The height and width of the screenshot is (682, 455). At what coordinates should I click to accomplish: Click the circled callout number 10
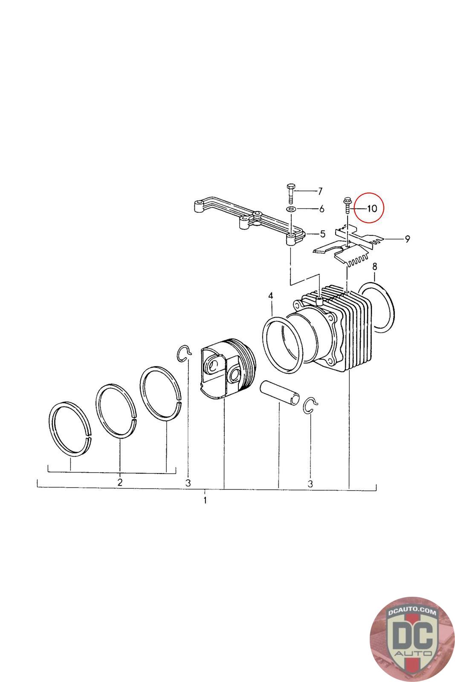(x=372, y=208)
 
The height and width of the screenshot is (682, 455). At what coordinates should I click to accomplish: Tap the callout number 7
(x=320, y=191)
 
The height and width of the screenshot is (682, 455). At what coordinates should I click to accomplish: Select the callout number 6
(x=322, y=209)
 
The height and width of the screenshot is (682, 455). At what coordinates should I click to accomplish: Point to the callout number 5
(x=322, y=234)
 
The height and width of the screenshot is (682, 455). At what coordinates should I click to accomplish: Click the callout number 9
(x=407, y=239)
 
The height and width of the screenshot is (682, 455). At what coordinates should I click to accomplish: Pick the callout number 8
(x=374, y=267)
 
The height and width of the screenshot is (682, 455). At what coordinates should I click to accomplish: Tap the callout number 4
(x=270, y=296)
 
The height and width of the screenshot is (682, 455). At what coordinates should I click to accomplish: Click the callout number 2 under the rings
(x=120, y=482)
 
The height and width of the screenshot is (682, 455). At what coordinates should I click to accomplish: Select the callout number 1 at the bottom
(x=205, y=500)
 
